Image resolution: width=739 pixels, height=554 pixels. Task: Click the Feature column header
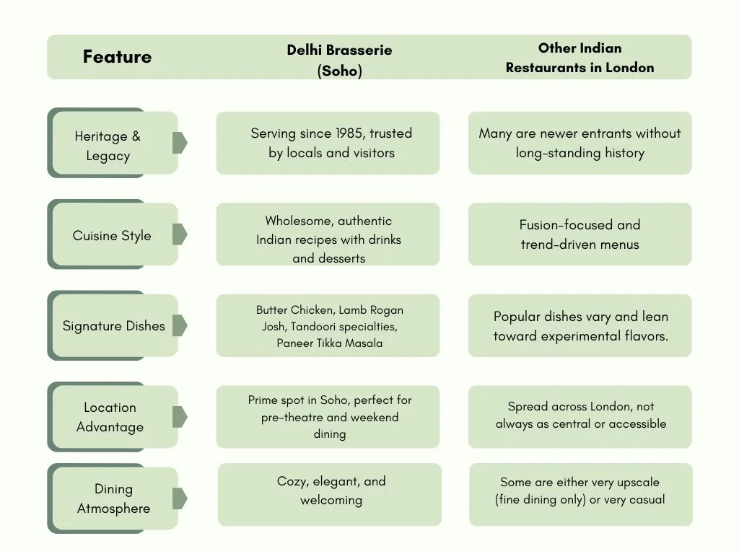[x=118, y=56]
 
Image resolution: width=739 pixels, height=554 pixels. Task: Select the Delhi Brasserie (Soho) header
[x=339, y=60]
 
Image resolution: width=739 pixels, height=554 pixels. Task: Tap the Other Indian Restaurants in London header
[x=580, y=58]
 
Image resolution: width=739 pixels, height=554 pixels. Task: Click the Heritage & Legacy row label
[x=108, y=146]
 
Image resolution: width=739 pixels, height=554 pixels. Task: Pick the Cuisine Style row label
[x=112, y=235]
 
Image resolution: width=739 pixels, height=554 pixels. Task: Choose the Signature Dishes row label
[x=113, y=325]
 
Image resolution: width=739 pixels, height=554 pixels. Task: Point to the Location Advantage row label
[x=110, y=417]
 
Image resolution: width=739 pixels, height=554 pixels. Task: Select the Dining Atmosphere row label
[x=113, y=498]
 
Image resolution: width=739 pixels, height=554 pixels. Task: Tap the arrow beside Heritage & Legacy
[x=180, y=143]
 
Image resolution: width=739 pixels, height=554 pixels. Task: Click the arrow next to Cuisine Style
[x=180, y=234]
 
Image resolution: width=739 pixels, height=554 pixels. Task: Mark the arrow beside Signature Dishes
[x=180, y=325]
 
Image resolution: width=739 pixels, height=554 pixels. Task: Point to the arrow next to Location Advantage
[x=180, y=416]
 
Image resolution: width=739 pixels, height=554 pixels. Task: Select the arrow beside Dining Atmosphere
[x=180, y=498]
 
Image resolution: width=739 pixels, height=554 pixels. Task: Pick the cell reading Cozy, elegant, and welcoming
[x=330, y=494]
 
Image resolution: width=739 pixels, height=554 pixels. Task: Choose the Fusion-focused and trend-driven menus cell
[x=580, y=234]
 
